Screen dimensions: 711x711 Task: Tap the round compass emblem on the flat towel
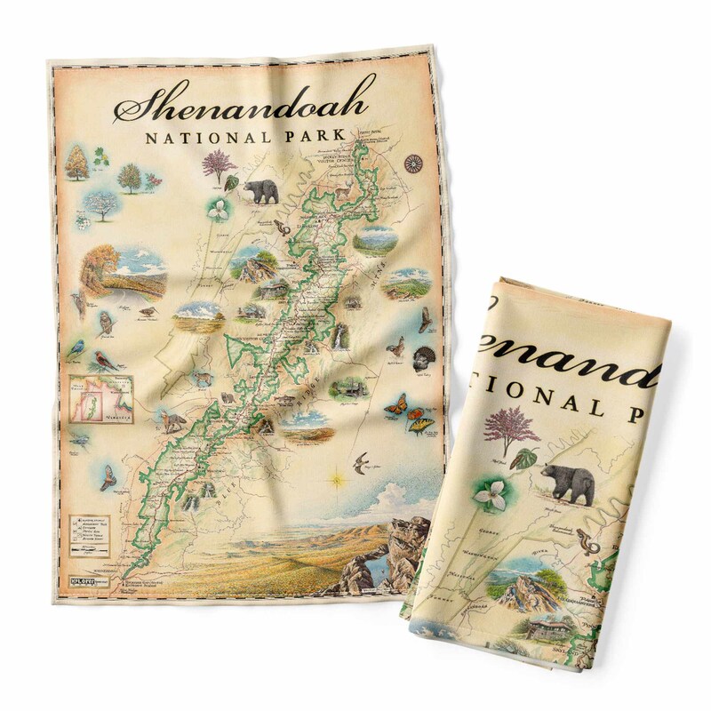coord(411,163)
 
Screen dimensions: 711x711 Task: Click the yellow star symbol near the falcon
coord(338,480)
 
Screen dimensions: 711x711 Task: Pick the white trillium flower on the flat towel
coord(217,210)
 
